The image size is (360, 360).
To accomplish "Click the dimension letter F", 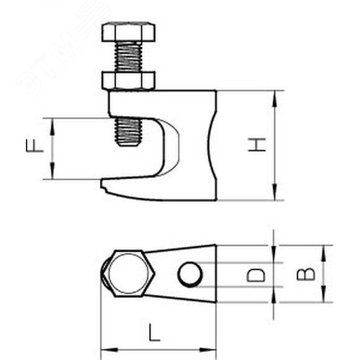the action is pyautogui.click(x=35, y=146).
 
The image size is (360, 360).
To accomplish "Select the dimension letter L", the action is pyautogui.click(x=154, y=333).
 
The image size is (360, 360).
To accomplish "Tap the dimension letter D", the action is pyautogui.click(x=256, y=275).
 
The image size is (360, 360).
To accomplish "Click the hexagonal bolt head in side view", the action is pyautogui.click(x=128, y=32).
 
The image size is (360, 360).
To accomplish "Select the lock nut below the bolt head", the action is pyautogui.click(x=128, y=80).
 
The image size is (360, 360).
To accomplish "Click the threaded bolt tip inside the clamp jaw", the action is pyautogui.click(x=128, y=132).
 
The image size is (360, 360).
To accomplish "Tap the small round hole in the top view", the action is pyautogui.click(x=190, y=274).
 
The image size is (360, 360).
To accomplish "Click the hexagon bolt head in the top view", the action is pyautogui.click(x=128, y=274).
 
